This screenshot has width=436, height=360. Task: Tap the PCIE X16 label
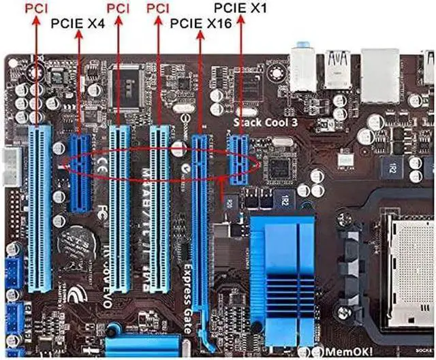click(x=201, y=23)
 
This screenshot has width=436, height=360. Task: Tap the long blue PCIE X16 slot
click(x=200, y=225)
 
